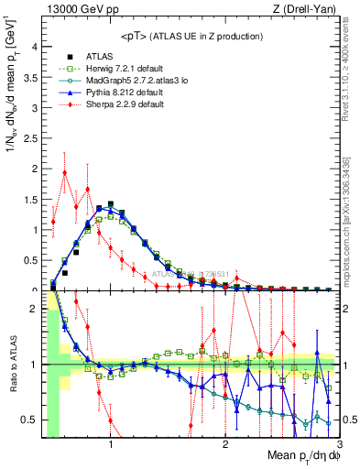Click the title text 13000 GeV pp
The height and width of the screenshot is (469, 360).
(78, 12)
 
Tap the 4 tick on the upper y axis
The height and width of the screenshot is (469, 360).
(35, 47)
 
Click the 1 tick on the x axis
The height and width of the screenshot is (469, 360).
(111, 446)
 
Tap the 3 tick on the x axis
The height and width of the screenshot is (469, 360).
(339, 446)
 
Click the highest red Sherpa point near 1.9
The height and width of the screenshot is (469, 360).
(65, 172)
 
